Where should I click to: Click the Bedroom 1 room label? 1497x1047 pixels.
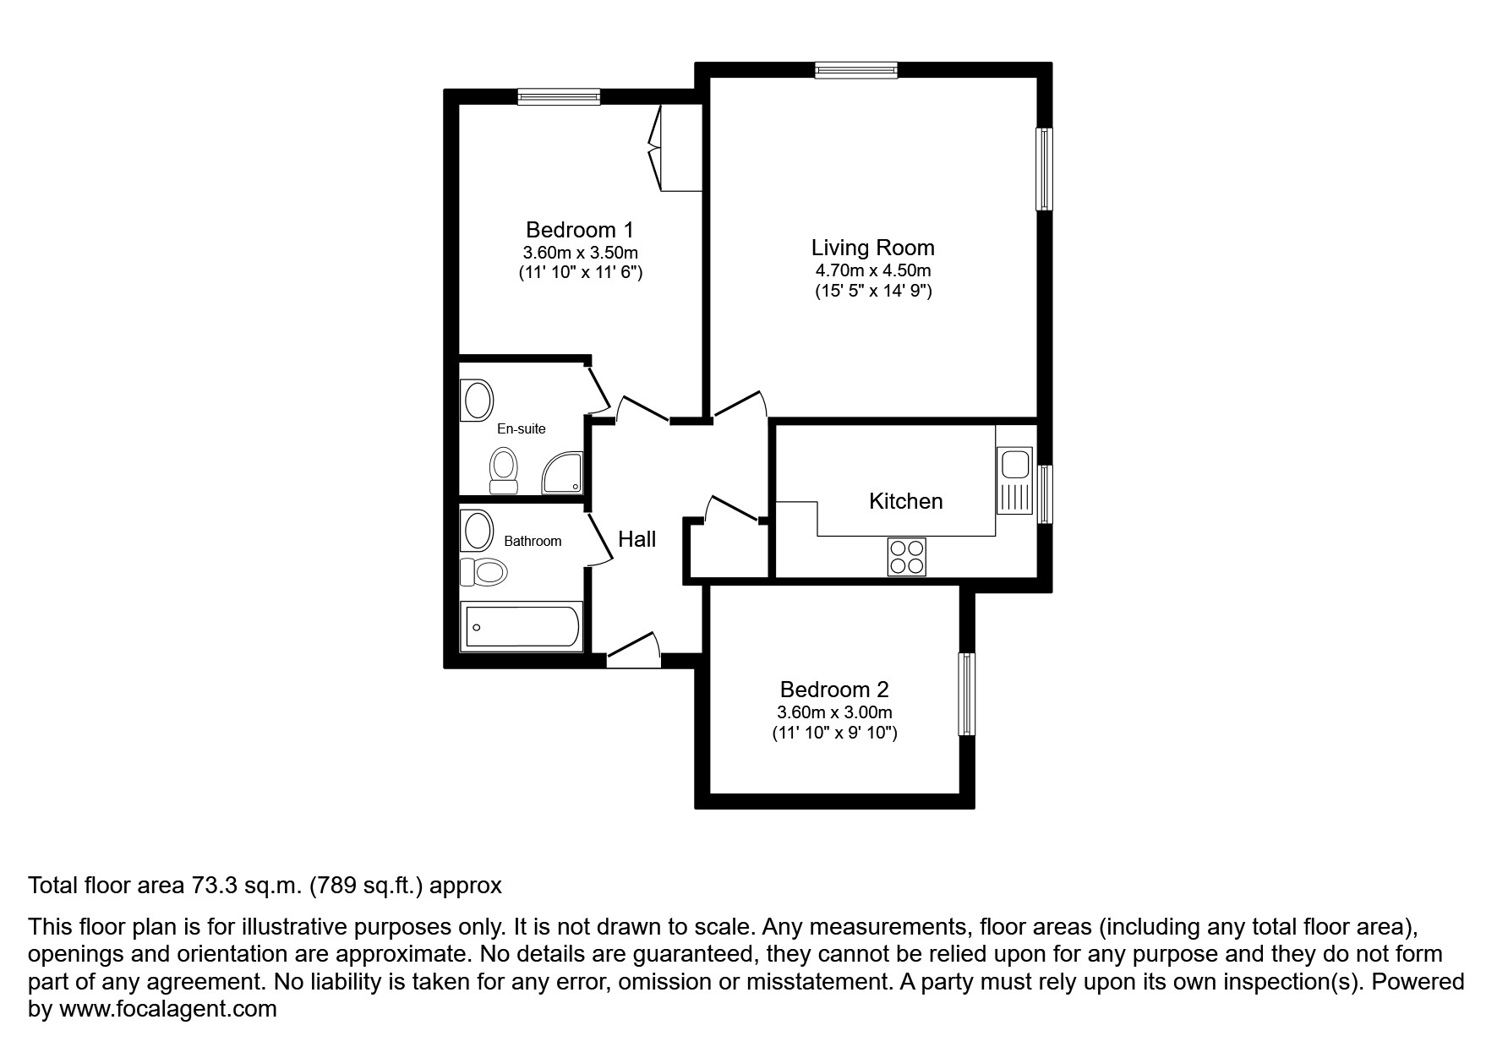point(579,230)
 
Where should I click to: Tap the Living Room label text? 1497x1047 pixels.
point(872,248)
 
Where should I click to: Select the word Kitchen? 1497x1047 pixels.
point(905,501)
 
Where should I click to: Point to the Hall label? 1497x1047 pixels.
point(636,539)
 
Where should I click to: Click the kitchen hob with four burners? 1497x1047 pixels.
point(906,557)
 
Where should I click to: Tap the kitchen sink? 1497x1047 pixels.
point(1014,465)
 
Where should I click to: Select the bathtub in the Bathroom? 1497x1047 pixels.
point(521,626)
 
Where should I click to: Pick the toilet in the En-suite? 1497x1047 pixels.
point(504,470)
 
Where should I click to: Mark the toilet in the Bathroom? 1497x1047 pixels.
point(484,572)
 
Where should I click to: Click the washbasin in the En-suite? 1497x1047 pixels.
point(477,400)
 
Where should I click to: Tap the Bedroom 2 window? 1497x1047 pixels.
point(966,694)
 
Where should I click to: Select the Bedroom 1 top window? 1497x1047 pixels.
point(559,97)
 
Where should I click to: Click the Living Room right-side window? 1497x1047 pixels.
point(1045,169)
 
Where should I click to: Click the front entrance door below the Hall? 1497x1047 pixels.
point(634,650)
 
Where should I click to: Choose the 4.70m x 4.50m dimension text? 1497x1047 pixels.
point(872,270)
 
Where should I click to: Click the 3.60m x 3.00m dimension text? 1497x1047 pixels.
point(834,712)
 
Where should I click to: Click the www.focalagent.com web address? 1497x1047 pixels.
point(167,1009)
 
